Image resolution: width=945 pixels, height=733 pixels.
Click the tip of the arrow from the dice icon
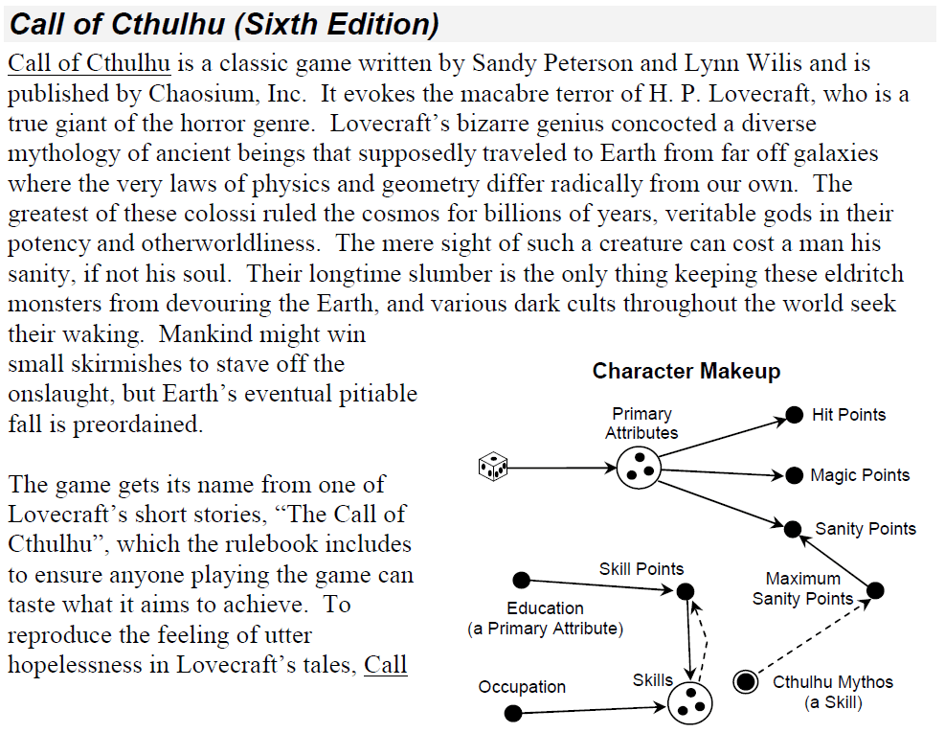coord(617,468)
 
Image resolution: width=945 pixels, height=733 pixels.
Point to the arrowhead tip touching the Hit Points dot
coord(787,418)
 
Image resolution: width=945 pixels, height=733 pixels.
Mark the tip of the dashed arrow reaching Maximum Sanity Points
coord(871,599)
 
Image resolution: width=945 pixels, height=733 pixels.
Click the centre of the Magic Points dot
coord(795,475)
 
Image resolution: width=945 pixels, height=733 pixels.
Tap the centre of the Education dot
coord(521,581)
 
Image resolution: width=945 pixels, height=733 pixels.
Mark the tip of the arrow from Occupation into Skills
coord(666,706)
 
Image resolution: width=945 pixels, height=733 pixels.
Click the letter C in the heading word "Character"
coord(599,371)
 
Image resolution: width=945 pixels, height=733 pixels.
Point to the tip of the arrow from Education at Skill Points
coord(674,590)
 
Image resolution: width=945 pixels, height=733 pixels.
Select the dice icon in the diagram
coord(493,467)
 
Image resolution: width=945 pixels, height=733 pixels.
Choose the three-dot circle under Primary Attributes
coord(639,469)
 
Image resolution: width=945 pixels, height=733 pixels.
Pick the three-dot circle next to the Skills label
coord(690,702)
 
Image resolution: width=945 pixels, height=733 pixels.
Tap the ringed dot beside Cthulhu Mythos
coord(746,681)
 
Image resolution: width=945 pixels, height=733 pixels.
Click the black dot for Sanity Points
coord(793,529)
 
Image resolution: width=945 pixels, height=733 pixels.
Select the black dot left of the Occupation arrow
coord(513,714)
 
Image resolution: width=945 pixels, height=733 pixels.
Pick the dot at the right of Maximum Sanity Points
coord(875,590)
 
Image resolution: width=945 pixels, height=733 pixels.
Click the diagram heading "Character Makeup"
coord(686,371)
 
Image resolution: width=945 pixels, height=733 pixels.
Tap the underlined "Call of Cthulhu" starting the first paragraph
coord(89,63)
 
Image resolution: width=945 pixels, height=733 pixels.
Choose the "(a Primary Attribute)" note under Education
coord(546,629)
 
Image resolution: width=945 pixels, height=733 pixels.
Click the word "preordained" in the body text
coord(138,424)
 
